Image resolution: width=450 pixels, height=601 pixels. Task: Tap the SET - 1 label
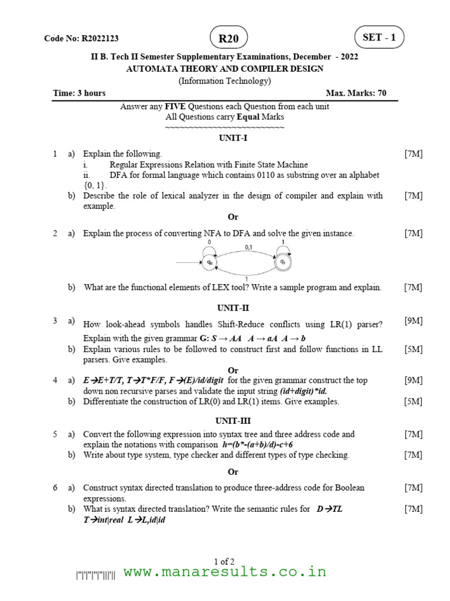coord(379,38)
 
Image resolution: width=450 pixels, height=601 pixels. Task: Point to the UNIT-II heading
coord(233,307)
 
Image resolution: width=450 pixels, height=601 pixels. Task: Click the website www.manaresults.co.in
coord(225,572)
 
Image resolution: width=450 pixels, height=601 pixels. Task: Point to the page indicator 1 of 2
coord(225,561)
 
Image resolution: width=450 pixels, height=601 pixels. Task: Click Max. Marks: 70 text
coord(356,93)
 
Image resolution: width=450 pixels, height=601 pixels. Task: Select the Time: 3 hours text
coord(79,93)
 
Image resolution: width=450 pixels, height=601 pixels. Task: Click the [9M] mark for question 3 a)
coord(413,320)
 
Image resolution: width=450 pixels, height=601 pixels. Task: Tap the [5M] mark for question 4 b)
coord(413,401)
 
